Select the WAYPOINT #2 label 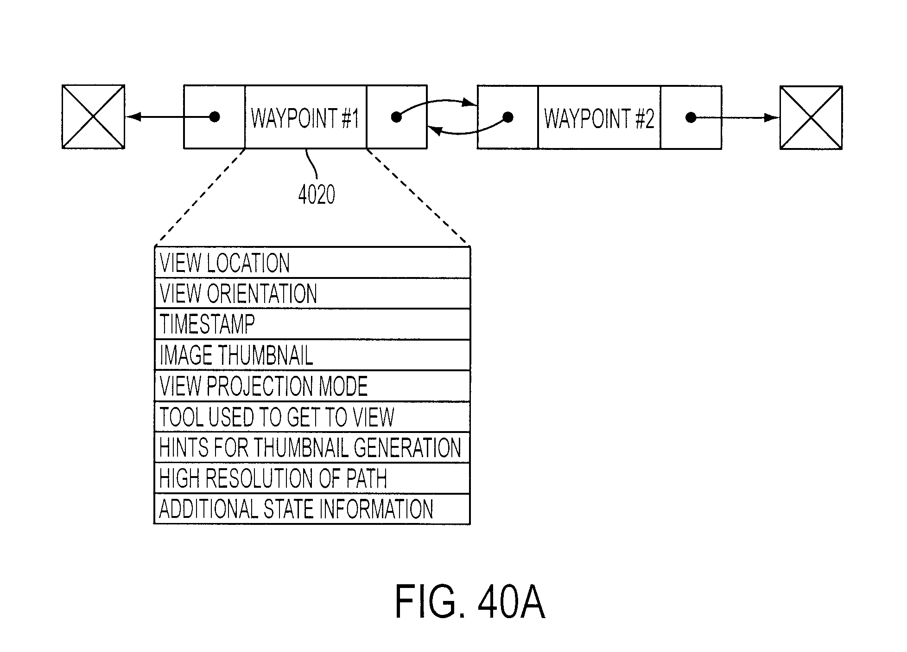pos(599,118)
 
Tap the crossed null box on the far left pos(93,116)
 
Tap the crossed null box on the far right pos(811,118)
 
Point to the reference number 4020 pos(317,195)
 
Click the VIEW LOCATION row pos(312,263)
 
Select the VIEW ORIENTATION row pos(312,293)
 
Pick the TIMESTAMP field pos(312,324)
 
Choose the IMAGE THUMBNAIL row pos(312,355)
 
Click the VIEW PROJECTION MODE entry pos(312,386)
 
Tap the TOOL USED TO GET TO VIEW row pos(312,417)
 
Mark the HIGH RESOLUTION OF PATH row pos(312,478)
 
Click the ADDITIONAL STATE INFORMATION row pos(312,509)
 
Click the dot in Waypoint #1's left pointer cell pos(214,116)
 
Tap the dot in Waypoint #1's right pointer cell pos(396,117)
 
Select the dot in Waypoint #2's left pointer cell pos(508,117)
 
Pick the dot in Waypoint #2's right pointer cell pos(691,117)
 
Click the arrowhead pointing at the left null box pos(133,116)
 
